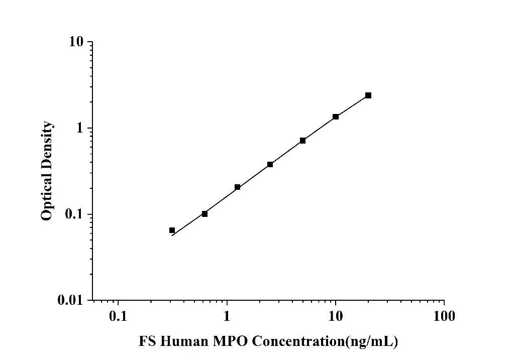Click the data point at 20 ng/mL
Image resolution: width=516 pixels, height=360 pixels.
coord(368,95)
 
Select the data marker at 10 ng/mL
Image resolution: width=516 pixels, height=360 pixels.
coord(336,117)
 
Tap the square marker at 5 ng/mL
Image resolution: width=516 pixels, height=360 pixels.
coord(303,141)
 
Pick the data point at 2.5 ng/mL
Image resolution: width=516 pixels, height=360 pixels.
coord(270,164)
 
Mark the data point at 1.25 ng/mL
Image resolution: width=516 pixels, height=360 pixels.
coord(238,187)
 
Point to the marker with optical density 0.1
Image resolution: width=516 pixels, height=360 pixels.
coord(204,214)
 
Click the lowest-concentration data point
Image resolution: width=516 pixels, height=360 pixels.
coord(172,230)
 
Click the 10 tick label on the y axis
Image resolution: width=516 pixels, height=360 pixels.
coord(76,42)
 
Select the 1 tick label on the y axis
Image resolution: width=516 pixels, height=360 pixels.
coord(79,128)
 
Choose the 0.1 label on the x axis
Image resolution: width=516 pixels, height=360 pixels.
coord(118,316)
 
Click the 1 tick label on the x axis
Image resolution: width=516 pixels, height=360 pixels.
coord(227,316)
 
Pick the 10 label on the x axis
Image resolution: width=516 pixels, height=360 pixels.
coord(336,316)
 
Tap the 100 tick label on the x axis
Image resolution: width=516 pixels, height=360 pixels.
coord(444,316)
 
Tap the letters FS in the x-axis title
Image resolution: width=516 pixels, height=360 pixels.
coord(148,342)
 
